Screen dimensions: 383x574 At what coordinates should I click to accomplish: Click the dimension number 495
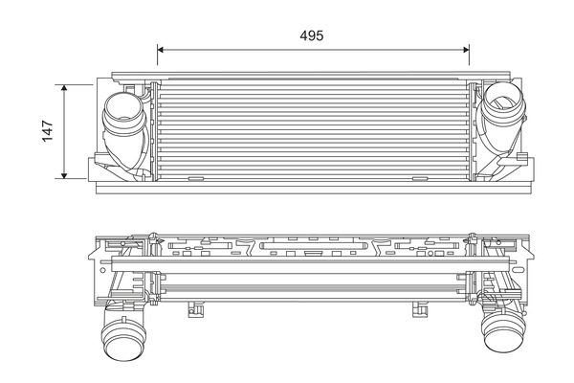point(312,35)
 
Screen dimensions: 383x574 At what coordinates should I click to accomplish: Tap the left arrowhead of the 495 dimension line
point(161,49)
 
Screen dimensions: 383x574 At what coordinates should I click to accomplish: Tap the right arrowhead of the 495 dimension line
point(466,49)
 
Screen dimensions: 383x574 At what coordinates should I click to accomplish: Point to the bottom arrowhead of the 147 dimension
point(65,175)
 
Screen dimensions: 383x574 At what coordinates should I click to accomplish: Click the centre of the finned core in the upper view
point(313,131)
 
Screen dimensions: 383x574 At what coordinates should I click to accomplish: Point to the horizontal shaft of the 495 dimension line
point(239,49)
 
